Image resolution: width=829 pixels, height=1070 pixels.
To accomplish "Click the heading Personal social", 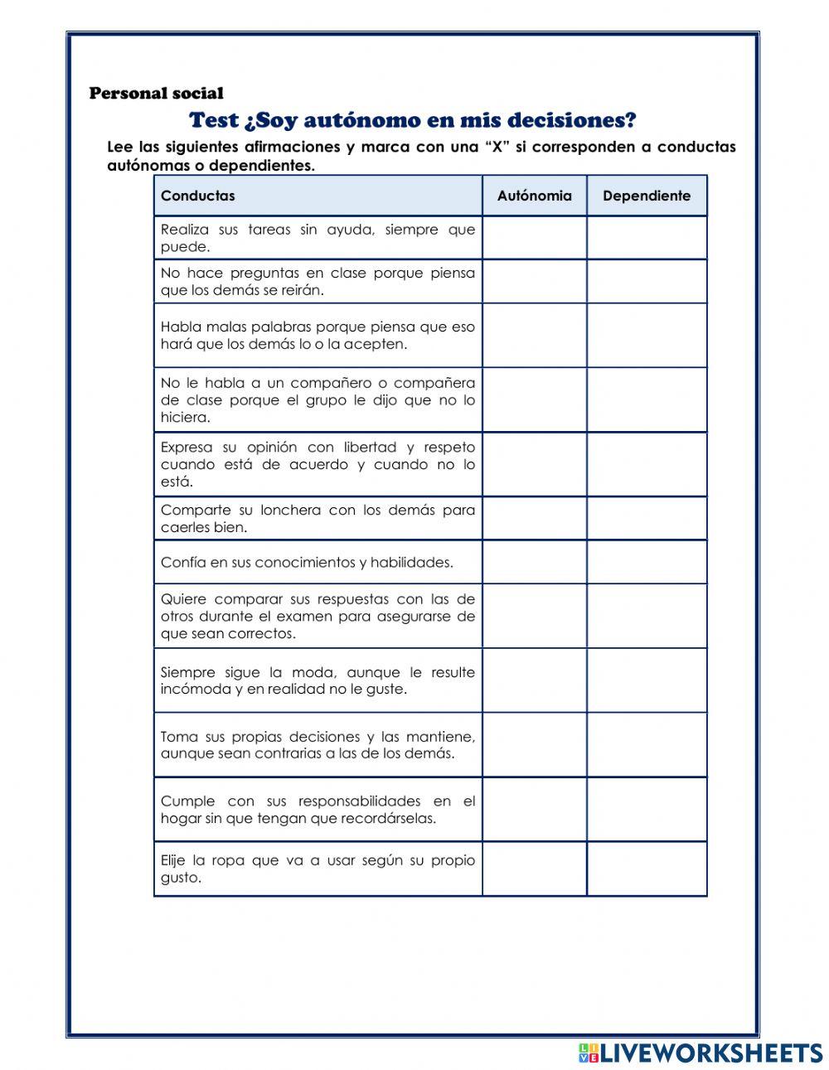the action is point(156,94).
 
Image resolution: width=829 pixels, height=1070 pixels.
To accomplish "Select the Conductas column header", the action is point(198,196).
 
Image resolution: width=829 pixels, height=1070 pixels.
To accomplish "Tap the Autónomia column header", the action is point(534,196).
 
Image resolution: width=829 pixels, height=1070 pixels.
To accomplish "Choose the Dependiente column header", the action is point(647,196).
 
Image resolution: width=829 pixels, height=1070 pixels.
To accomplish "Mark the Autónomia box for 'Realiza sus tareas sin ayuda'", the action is point(534,238).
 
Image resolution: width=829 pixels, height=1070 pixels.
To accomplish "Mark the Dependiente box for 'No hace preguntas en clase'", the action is point(647,282).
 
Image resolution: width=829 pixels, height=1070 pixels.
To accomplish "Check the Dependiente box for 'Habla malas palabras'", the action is point(647,336).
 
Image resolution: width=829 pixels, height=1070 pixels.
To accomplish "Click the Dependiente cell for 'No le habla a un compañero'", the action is point(647,400).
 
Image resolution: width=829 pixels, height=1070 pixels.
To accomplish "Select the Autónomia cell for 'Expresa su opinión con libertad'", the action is point(534,464).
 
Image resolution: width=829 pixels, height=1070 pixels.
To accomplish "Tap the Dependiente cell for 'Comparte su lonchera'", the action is point(647,519).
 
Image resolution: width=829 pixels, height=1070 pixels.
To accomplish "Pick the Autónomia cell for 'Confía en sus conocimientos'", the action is point(534,563).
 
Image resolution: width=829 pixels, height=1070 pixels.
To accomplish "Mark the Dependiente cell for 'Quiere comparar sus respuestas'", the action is point(647,617).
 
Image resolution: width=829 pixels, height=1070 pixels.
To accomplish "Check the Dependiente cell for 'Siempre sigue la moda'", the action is point(647,680).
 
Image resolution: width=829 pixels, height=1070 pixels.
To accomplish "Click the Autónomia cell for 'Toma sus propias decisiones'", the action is point(534,745).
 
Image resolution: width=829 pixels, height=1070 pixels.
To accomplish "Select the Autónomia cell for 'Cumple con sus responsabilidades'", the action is point(534,810).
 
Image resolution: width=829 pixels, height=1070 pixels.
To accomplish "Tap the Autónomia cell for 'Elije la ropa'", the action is point(534,869).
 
